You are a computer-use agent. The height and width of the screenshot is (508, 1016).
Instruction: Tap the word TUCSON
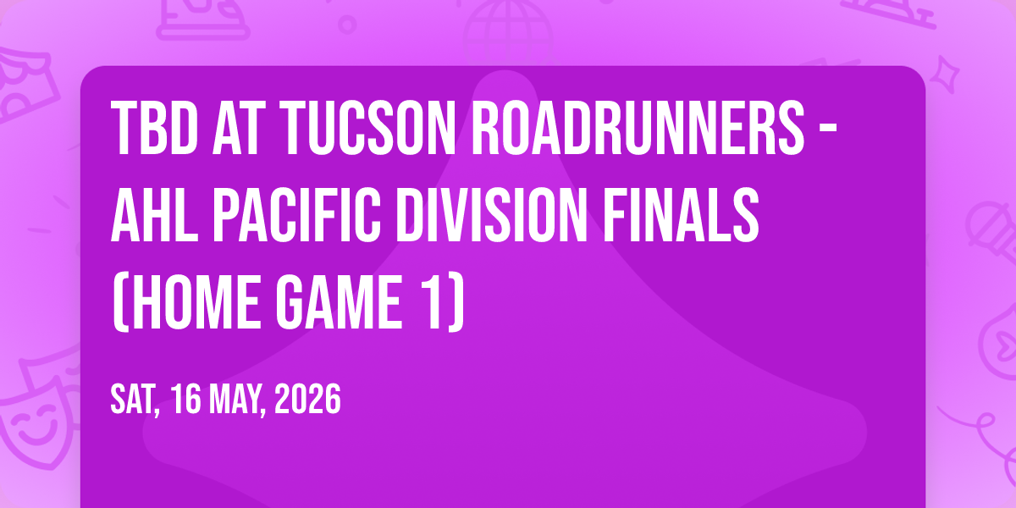pyautogui.click(x=370, y=128)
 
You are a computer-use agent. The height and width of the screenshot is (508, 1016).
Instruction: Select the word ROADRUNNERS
pyautogui.click(x=638, y=128)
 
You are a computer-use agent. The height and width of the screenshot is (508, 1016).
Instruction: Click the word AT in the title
pyautogui.click(x=239, y=128)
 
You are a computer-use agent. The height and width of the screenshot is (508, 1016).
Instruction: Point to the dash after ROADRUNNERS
pyautogui.click(x=829, y=130)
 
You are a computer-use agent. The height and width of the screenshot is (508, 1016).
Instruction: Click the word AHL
pyautogui.click(x=154, y=215)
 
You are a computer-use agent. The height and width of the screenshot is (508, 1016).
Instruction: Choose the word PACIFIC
pyautogui.click(x=296, y=215)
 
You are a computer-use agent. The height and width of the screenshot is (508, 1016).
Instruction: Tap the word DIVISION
pyautogui.click(x=492, y=215)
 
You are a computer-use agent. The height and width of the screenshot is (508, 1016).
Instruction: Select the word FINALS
pyautogui.click(x=682, y=215)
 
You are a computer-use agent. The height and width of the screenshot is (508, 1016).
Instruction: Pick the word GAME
pyautogui.click(x=339, y=302)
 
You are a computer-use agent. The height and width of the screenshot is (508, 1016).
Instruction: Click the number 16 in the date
pyautogui.click(x=186, y=399)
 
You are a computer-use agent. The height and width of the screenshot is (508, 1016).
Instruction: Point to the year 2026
pyautogui.click(x=307, y=399)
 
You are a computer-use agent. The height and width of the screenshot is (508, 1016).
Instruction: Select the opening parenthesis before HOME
pyautogui.click(x=120, y=303)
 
